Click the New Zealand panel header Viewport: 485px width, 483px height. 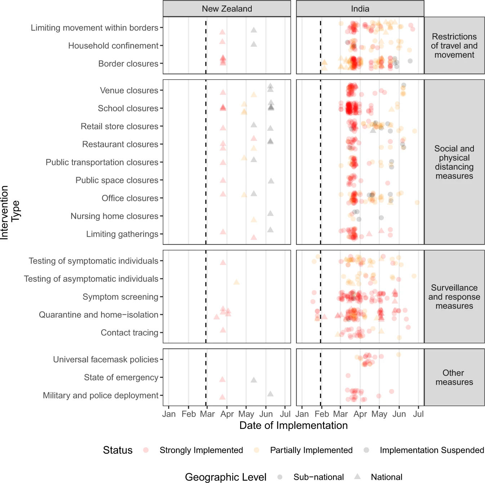(227, 9)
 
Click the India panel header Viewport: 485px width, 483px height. (360, 9)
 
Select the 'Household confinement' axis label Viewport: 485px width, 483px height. (113, 46)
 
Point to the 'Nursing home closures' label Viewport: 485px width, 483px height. (114, 216)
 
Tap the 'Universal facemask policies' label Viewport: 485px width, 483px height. (105, 359)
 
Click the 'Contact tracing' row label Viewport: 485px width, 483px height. (129, 332)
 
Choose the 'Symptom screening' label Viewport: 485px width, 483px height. (120, 297)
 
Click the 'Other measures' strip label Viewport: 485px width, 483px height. (454, 377)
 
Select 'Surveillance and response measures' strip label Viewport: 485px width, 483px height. (454, 297)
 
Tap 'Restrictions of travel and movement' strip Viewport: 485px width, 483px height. (454, 46)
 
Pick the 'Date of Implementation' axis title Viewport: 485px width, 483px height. (293, 425)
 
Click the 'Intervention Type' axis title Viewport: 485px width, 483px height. (10, 213)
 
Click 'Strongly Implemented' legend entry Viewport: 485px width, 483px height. (201, 450)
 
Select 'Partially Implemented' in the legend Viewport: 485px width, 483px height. (311, 450)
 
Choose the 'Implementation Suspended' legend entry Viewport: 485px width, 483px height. (432, 450)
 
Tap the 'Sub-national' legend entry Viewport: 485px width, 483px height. (318, 477)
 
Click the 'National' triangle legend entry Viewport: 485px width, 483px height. (386, 477)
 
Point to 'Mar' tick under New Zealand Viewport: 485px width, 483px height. (207, 414)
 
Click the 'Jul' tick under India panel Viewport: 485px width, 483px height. (418, 414)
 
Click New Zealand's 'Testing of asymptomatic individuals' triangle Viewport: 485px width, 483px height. (236, 282)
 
